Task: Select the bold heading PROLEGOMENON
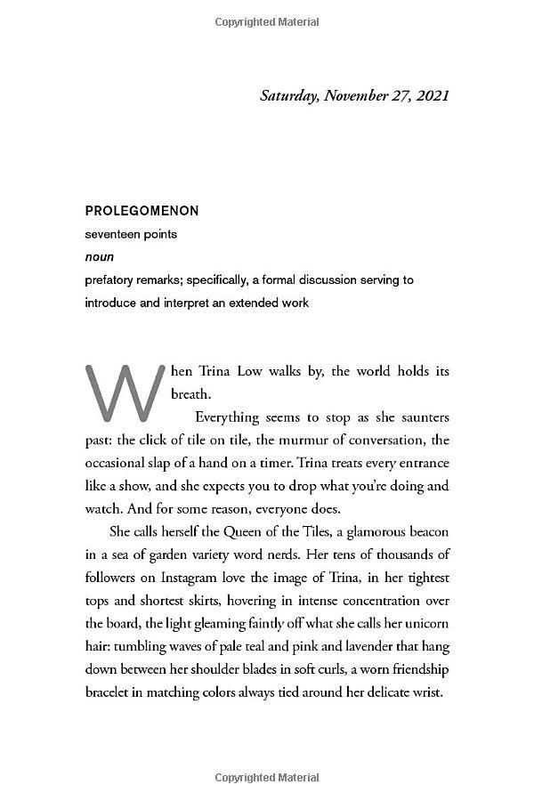142,211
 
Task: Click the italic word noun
100,257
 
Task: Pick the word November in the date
365,95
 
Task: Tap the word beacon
425,532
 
